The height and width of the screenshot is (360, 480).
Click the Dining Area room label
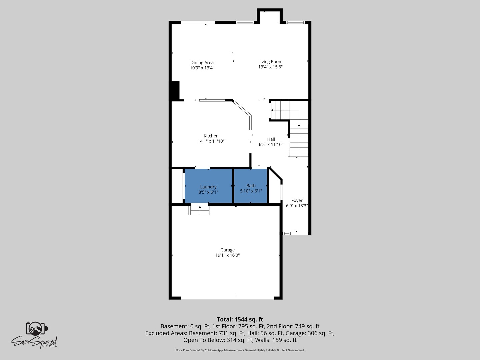202,63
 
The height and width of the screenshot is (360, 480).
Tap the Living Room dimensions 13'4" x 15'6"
270,67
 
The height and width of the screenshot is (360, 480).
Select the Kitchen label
211,136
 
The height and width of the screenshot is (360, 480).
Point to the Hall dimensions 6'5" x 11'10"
271,144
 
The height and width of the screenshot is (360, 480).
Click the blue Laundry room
208,186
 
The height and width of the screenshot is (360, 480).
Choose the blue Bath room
251,186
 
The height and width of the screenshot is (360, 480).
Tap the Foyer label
297,200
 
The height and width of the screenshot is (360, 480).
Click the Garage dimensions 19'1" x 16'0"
227,255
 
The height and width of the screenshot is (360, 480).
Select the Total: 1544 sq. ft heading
240,319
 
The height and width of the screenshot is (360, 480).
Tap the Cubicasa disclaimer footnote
240,350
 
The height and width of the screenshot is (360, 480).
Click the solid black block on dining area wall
175,90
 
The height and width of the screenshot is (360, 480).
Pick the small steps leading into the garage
199,209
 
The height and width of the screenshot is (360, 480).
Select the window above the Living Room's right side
295,22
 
